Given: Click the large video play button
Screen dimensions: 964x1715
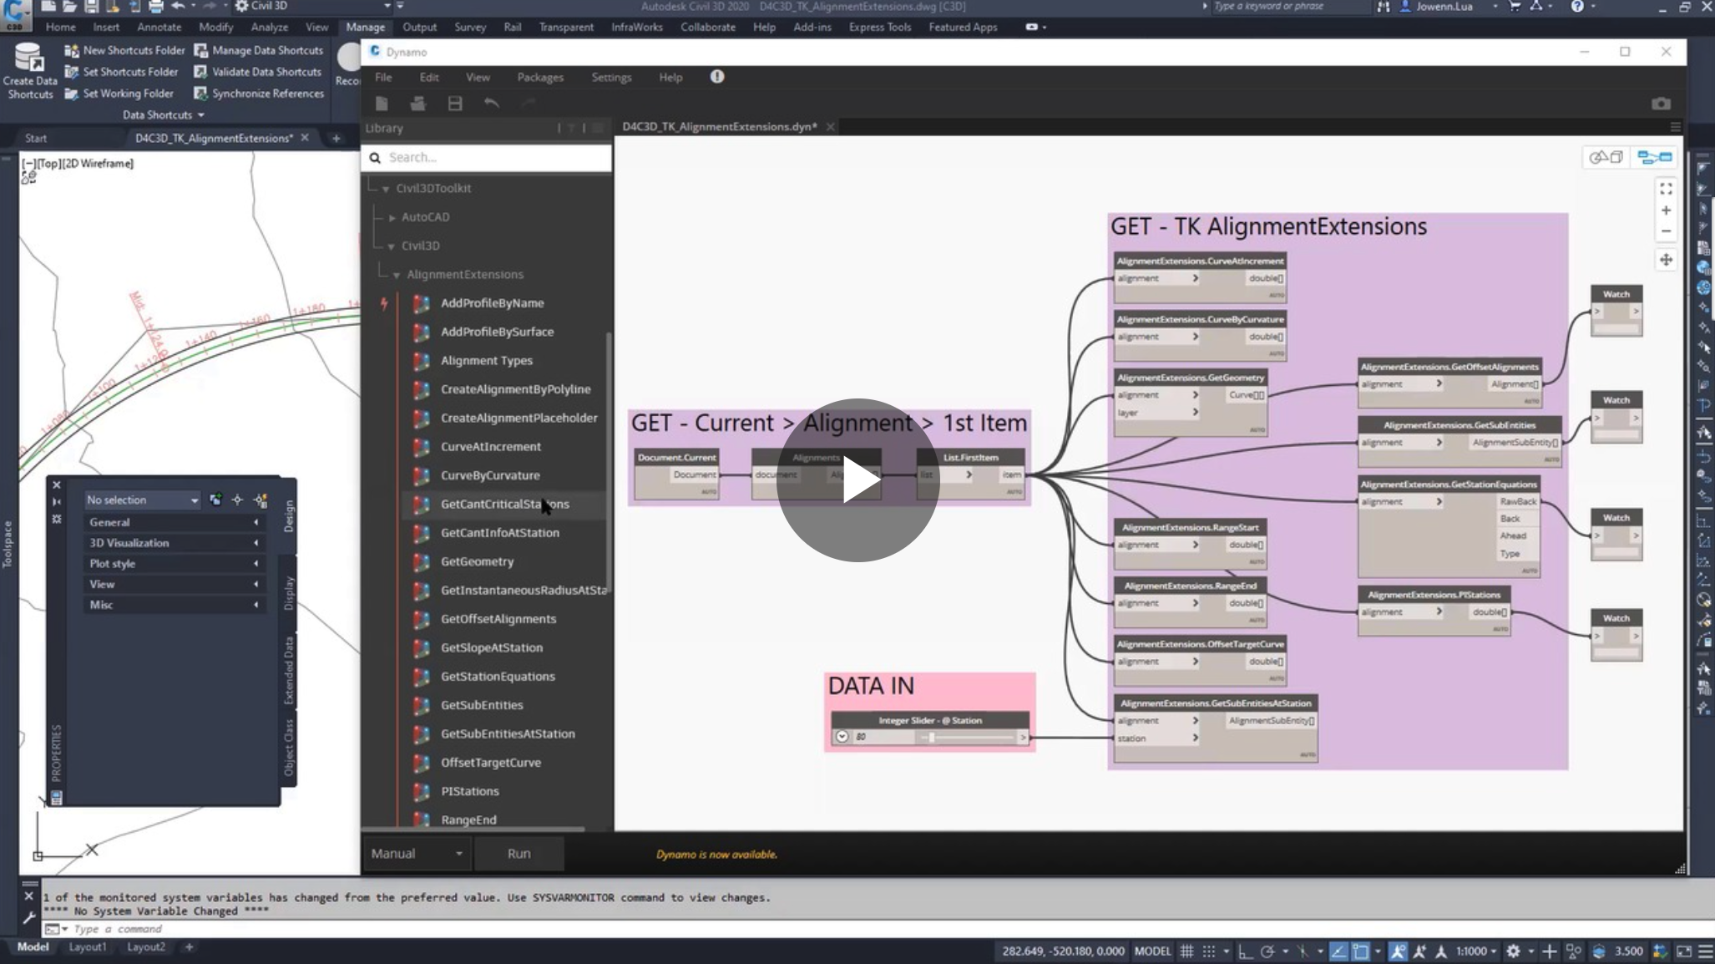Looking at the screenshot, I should (x=857, y=480).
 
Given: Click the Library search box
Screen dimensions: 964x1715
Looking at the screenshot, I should (x=493, y=157).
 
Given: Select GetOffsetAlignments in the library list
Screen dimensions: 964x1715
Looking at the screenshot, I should (x=498, y=619).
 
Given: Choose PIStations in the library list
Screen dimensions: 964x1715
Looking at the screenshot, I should (x=469, y=791).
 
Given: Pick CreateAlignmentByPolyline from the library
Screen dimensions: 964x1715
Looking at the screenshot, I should (x=515, y=389).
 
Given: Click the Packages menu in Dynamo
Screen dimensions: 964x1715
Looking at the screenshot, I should (x=539, y=77).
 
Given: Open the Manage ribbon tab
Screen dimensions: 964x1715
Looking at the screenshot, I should (x=365, y=27).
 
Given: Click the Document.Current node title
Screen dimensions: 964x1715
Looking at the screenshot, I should (x=676, y=457).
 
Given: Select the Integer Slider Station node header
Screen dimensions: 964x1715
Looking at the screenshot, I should (x=929, y=720).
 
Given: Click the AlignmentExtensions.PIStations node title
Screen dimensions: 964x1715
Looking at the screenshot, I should (x=1433, y=595).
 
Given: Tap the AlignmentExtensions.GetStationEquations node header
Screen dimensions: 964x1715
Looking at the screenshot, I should (x=1448, y=485).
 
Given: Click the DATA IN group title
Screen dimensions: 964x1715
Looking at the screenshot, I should (x=871, y=686).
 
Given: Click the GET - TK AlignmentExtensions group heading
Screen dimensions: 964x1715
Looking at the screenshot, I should (x=1267, y=226).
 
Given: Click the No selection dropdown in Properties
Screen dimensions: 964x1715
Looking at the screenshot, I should (x=142, y=500).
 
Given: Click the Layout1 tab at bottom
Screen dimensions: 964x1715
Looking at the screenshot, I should (x=88, y=946).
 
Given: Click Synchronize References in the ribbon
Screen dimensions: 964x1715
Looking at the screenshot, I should (x=267, y=94).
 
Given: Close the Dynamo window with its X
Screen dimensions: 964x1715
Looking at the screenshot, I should (x=1665, y=52).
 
